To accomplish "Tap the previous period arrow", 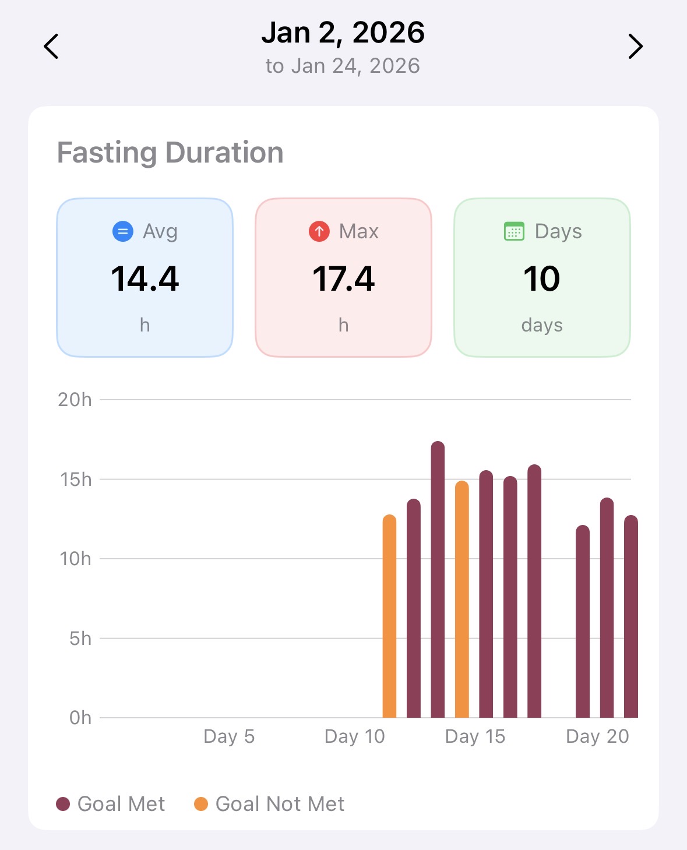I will point(51,47).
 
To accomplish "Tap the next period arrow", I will point(635,47).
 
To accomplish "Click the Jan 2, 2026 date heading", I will point(343,33).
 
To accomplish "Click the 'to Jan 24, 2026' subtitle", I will point(343,66).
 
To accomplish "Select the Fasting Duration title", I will point(170,153).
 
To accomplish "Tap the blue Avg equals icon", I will point(122,231).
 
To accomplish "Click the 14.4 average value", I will point(145,278).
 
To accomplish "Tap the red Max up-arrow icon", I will point(319,231).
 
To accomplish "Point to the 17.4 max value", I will point(343,278).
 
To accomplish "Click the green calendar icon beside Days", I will point(514,231).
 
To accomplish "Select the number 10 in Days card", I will point(542,278).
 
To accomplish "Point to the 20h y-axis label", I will point(75,400).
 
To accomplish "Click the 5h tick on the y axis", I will point(80,639).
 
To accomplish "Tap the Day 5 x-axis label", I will point(229,736).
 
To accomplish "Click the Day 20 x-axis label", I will point(597,736).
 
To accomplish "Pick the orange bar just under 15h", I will point(461,600).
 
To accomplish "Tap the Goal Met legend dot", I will point(63,804).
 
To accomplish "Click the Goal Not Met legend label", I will point(280,804).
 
